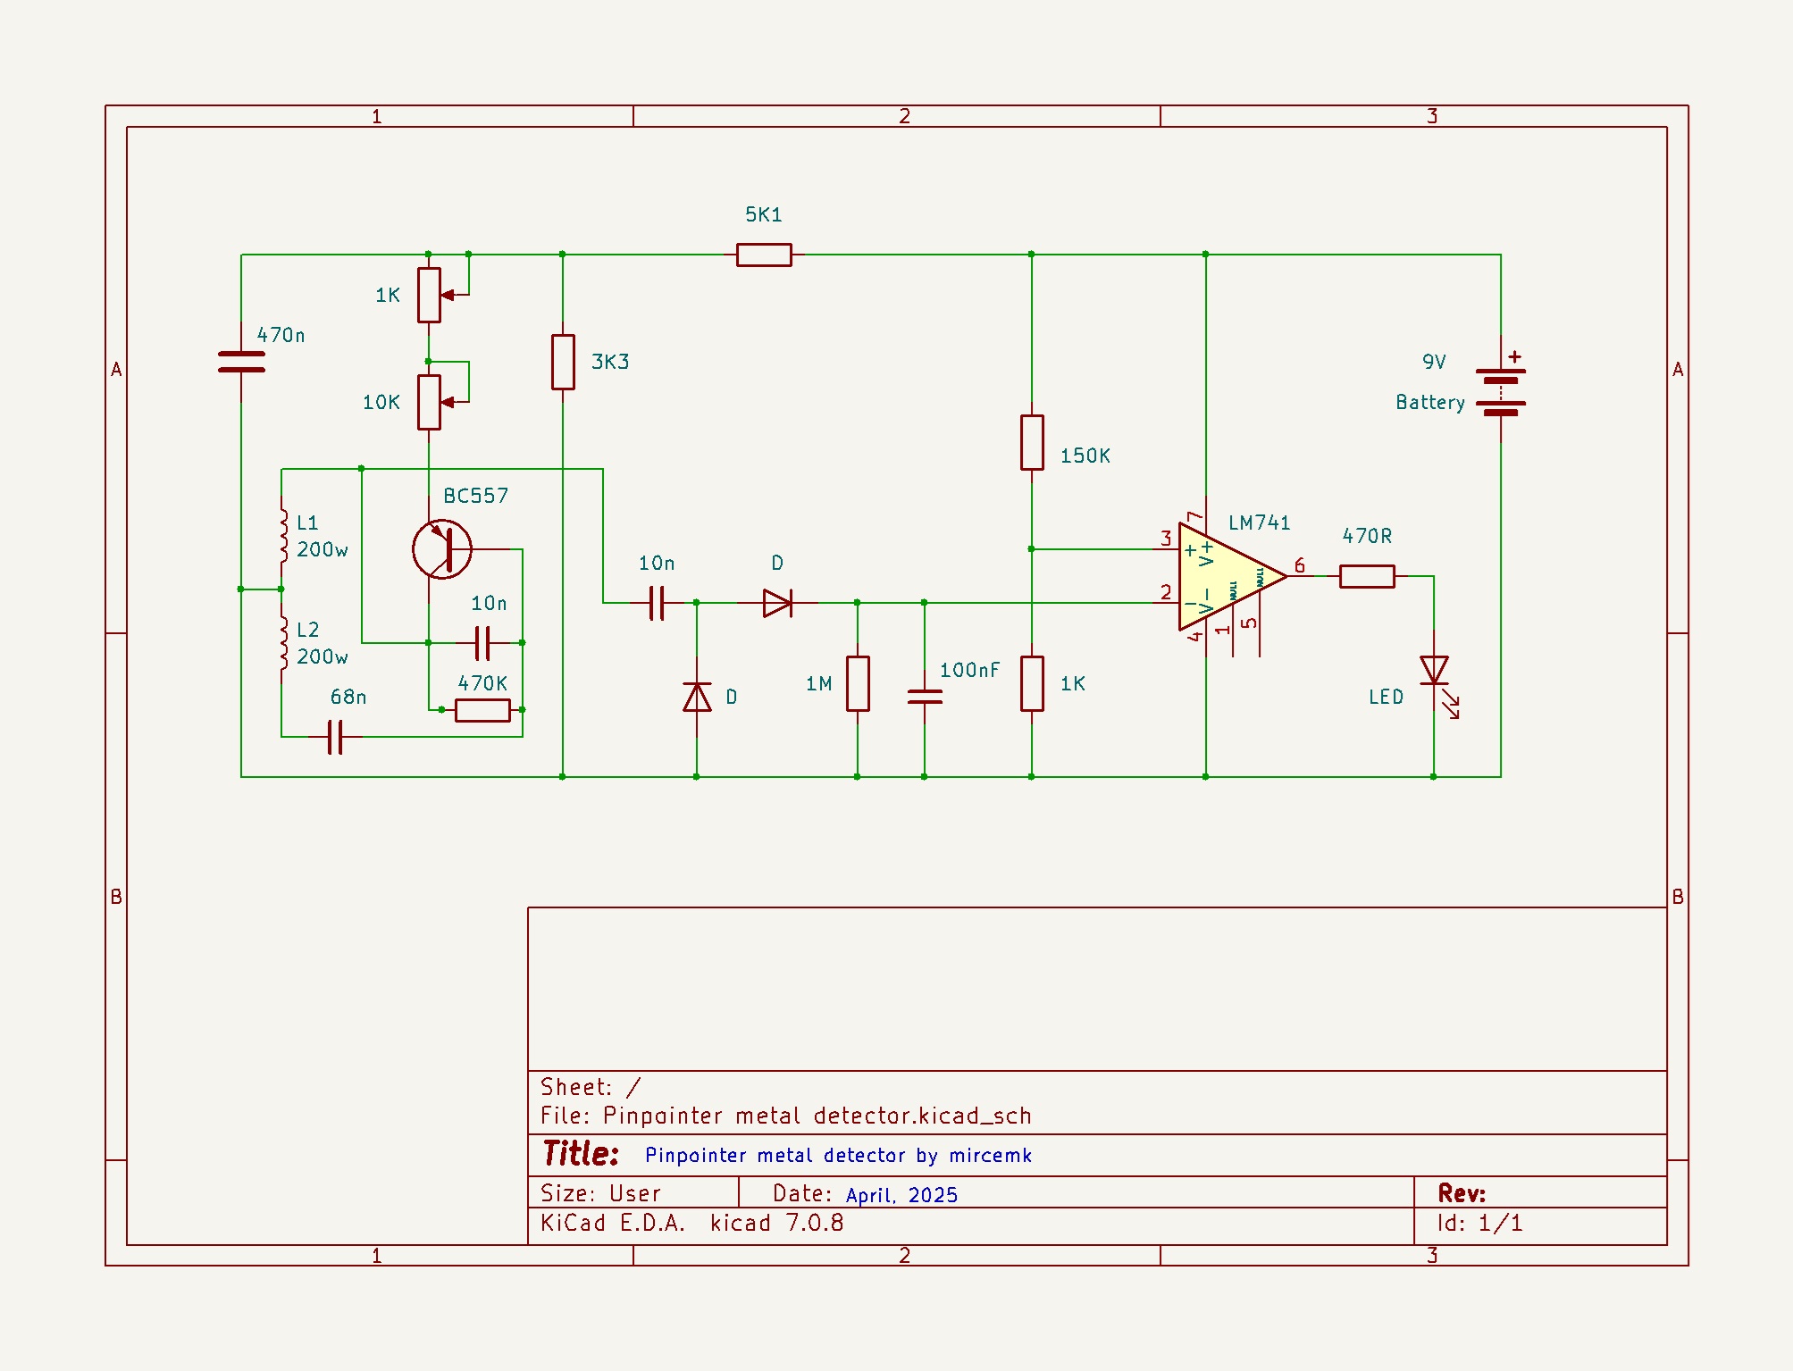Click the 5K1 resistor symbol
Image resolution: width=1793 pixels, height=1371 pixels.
(x=764, y=255)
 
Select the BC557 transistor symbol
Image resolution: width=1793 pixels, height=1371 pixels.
(x=442, y=549)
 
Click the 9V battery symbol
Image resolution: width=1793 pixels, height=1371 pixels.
(x=1501, y=391)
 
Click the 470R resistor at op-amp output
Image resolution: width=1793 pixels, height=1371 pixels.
(x=1367, y=576)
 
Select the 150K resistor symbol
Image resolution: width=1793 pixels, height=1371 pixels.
(x=1032, y=442)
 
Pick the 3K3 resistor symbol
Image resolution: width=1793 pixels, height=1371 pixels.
(x=563, y=362)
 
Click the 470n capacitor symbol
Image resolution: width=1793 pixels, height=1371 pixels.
(x=241, y=362)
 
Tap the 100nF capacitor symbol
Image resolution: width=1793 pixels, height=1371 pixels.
(x=925, y=696)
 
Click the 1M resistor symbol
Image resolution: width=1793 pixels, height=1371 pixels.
(x=858, y=683)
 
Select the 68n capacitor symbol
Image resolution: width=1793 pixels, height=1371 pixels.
(x=335, y=737)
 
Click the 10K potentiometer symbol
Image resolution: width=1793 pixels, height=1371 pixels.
(x=429, y=402)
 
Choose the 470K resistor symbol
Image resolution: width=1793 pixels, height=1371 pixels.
(x=482, y=710)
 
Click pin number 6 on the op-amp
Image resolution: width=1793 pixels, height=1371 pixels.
(x=1300, y=565)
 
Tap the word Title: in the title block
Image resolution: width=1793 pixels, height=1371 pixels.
(x=581, y=1153)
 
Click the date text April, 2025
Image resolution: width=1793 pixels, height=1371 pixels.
(x=901, y=1195)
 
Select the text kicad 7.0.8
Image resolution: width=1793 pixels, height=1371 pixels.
(x=776, y=1223)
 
